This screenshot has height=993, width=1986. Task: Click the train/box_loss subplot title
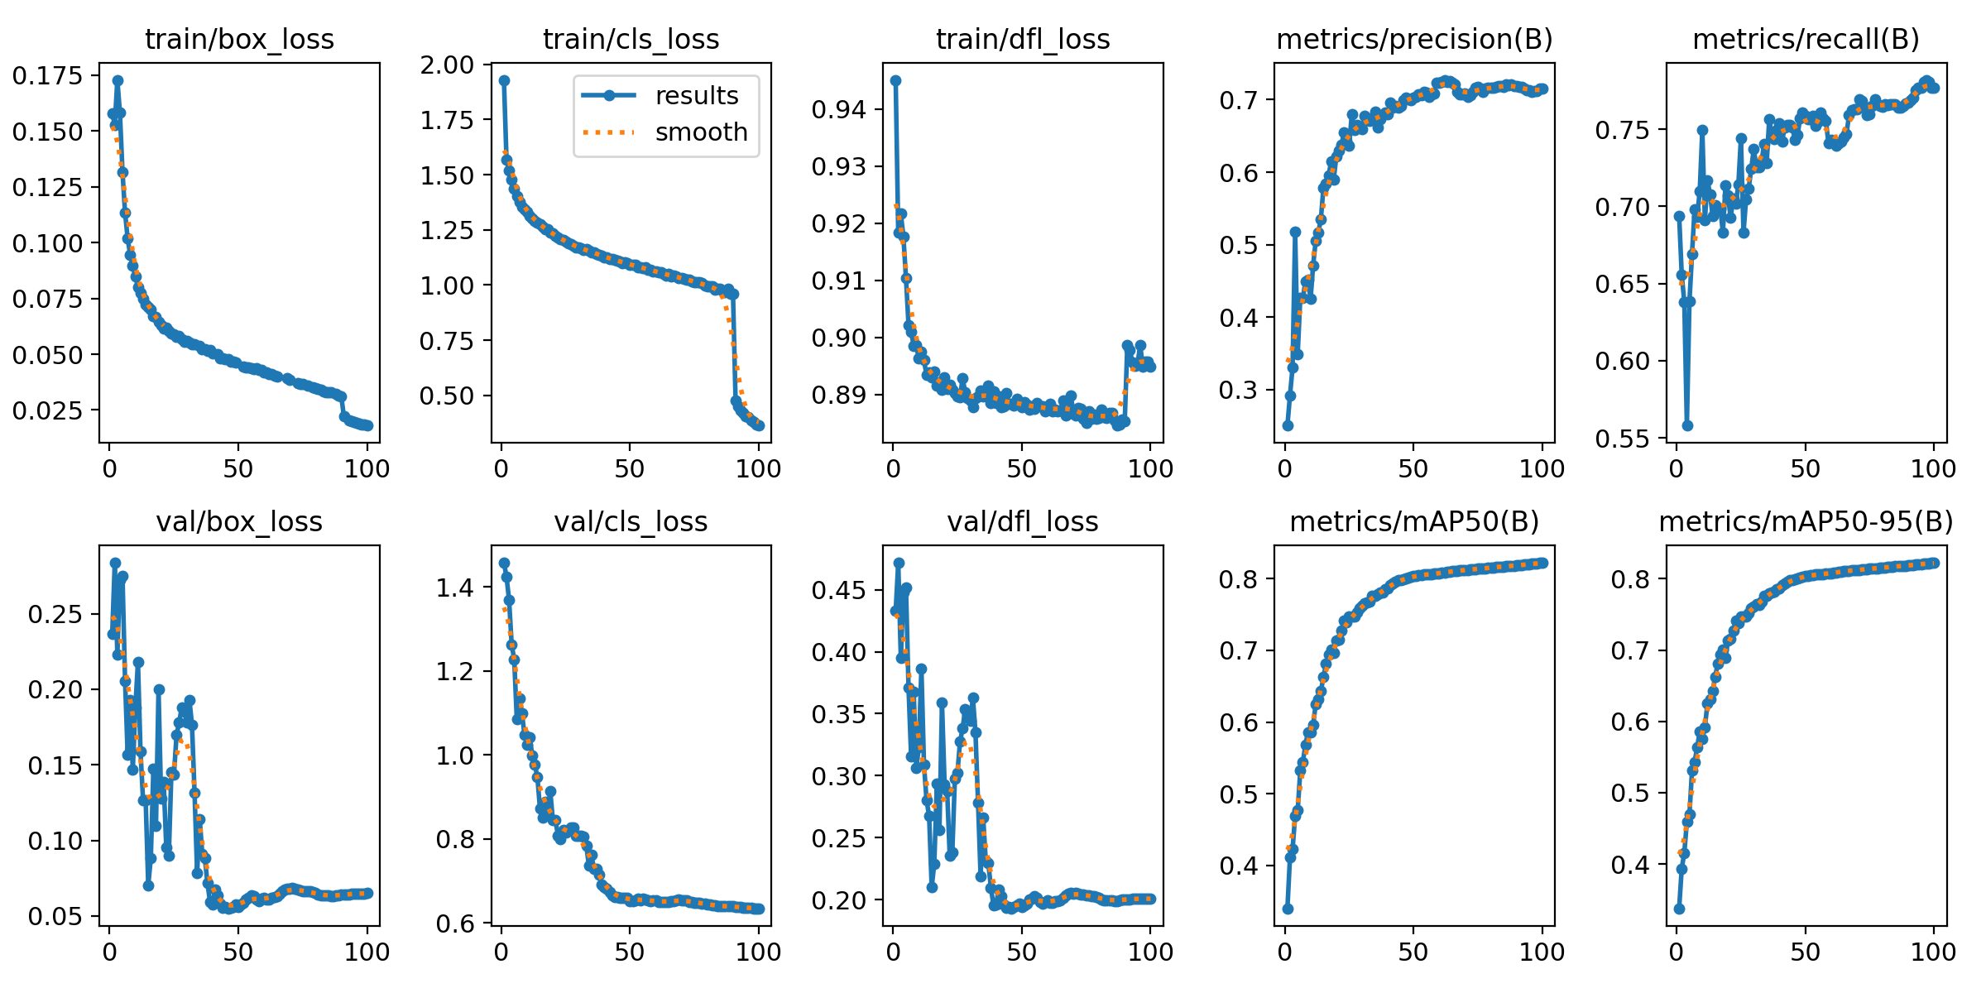point(239,39)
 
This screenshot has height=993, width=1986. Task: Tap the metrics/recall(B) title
point(1806,39)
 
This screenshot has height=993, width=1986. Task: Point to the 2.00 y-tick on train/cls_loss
point(446,65)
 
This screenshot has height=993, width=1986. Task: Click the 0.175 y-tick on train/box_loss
point(48,76)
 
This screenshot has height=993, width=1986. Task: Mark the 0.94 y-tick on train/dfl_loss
point(837,109)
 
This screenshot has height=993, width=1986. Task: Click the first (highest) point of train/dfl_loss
point(895,80)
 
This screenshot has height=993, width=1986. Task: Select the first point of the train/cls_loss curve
point(504,80)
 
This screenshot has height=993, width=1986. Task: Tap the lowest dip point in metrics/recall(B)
point(1687,425)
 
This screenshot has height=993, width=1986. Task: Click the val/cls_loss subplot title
point(631,522)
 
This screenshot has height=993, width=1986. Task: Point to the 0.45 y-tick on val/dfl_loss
point(837,590)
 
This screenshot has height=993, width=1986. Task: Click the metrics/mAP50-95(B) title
point(1806,522)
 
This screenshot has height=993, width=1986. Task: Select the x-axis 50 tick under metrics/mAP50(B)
point(1413,952)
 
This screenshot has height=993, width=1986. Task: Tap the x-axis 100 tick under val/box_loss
point(367,952)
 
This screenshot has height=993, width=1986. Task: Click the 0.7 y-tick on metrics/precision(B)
point(1240,101)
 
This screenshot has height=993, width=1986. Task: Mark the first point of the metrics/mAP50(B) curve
point(1288,909)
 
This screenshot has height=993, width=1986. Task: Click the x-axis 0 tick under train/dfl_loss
point(893,469)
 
